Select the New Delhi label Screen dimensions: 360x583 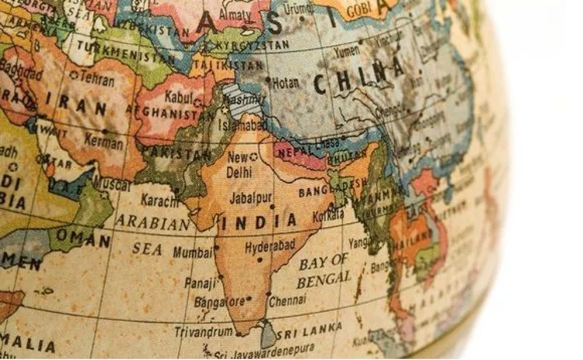pos(239,164)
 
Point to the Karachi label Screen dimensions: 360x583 pos(160,202)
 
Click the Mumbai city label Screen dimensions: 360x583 pos(193,251)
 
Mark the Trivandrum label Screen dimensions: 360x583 pos(202,332)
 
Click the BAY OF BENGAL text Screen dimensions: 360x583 pos(325,269)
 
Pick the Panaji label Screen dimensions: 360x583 pos(199,283)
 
